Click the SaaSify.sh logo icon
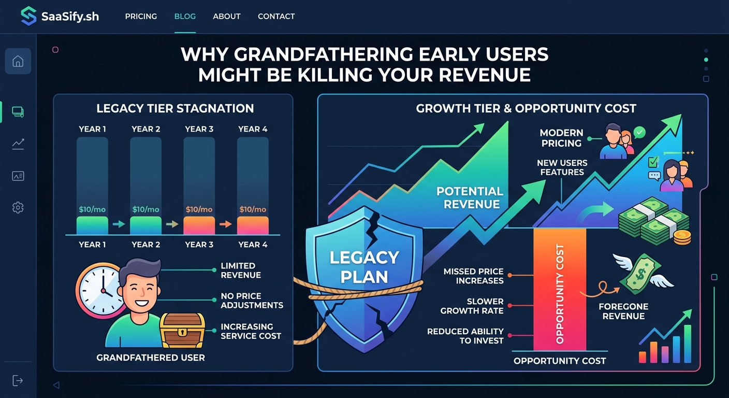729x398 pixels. point(28,16)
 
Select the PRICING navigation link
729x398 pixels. point(141,16)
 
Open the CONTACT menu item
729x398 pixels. point(276,16)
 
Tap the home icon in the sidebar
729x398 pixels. point(18,62)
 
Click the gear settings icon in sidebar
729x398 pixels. point(18,208)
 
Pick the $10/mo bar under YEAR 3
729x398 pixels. point(199,225)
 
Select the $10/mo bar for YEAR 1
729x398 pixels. point(92,225)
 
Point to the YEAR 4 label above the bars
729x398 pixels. point(253,129)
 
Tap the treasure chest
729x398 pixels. point(182,330)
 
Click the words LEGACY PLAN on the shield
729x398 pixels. point(364,267)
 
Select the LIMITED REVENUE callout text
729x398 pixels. point(241,271)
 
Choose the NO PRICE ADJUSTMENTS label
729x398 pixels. point(252,300)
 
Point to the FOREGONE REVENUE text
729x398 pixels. point(623,311)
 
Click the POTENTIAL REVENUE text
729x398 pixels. point(470,197)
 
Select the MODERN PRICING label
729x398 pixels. point(561,138)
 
